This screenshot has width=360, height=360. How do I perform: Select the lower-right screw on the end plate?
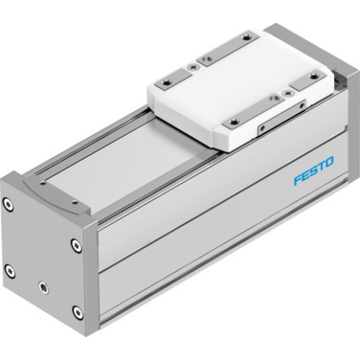pyautogui.click(x=76, y=312)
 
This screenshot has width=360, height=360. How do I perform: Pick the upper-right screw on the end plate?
pyautogui.click(x=76, y=245)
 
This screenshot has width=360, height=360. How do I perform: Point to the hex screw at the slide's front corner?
pyautogui.click(x=230, y=122)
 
